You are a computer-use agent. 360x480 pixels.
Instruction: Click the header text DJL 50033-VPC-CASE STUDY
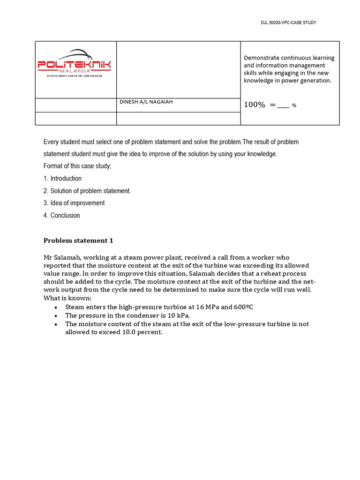click(289, 22)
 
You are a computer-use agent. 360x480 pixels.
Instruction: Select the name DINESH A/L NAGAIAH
click(146, 102)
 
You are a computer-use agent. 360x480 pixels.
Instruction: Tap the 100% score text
click(255, 105)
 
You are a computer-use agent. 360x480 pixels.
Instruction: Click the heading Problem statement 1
click(78, 240)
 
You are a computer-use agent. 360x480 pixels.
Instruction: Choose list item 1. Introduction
click(62, 179)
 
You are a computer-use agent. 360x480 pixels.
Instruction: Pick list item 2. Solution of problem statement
click(87, 191)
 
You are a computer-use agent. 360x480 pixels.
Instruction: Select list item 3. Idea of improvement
click(74, 203)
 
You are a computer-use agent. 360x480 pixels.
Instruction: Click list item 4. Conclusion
click(62, 216)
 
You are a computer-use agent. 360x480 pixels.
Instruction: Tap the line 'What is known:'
click(67, 298)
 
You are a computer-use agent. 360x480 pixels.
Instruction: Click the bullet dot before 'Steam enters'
click(56, 307)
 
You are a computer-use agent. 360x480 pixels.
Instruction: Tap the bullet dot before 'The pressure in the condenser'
click(56, 316)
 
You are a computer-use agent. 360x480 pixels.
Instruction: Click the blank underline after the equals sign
click(283, 106)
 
